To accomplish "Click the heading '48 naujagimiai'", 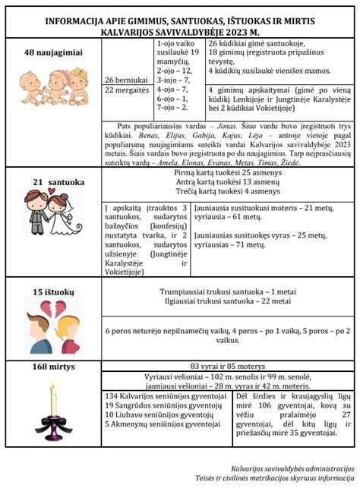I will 51,52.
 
